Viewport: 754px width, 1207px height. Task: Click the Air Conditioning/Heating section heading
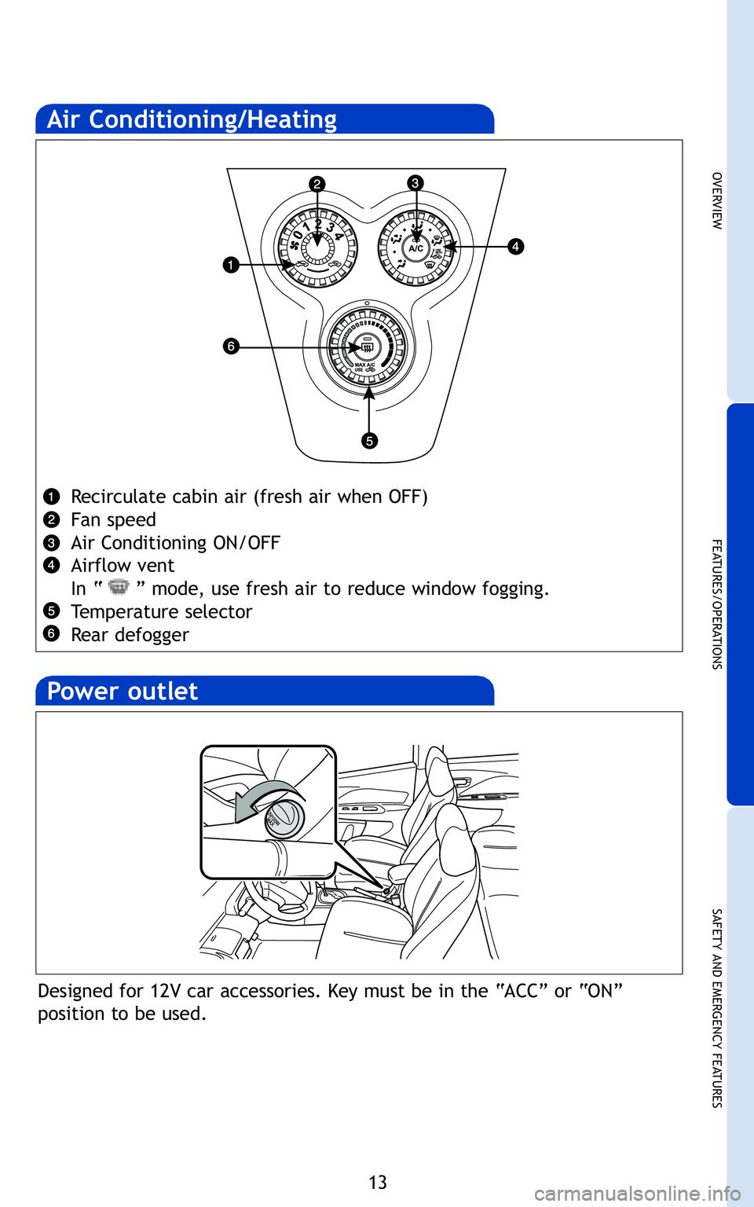192,119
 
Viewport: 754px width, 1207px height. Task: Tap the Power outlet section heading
123,692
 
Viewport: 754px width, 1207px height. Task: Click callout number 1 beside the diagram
230,265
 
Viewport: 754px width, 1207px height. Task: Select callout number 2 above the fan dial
317,184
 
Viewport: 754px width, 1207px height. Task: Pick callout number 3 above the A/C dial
415,183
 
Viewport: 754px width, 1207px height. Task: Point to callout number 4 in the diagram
515,246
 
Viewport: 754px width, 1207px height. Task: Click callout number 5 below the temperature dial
369,440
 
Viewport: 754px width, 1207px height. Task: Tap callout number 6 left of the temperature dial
230,346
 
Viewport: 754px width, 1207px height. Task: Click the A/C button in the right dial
416,248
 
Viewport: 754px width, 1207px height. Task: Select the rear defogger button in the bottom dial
367,347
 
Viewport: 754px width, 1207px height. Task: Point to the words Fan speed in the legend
113,520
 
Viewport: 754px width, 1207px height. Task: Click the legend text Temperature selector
161,612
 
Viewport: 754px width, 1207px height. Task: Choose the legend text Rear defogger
130,635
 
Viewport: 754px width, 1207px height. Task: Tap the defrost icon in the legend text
119,587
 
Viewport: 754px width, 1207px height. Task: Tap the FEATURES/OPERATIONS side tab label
716,603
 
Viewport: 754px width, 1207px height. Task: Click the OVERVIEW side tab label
716,200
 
